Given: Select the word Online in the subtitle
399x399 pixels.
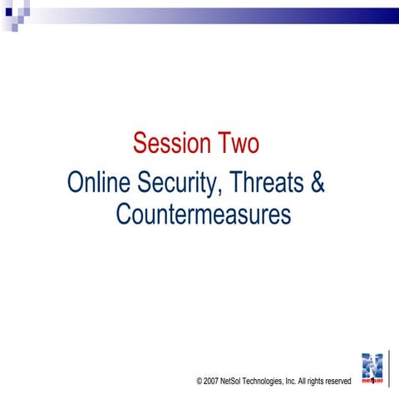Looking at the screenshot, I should pos(98,182).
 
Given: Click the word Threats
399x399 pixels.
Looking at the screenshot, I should pos(267,182).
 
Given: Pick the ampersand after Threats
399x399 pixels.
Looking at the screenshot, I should pos(317,182).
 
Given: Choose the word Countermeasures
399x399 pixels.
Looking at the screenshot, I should pos(203,214).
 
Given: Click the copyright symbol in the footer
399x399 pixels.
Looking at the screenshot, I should pos(200,381).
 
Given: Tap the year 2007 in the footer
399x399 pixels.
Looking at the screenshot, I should pos(213,381).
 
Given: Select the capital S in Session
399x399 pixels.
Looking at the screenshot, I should pos(140,144).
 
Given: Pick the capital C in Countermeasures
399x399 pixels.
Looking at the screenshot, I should pos(123,214).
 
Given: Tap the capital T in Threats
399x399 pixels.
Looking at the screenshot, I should pos(238,182).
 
